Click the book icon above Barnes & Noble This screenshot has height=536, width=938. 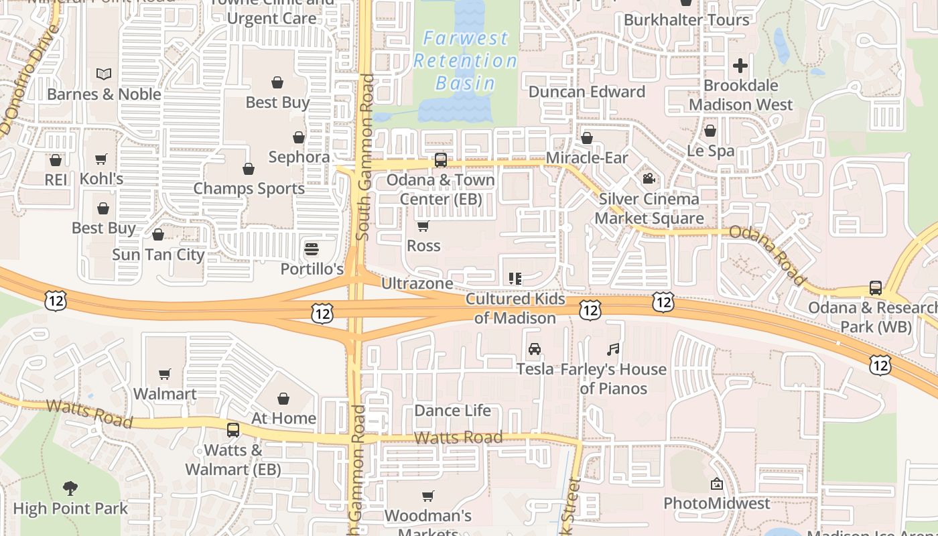[x=104, y=74]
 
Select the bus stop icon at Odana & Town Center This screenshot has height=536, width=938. [x=440, y=160]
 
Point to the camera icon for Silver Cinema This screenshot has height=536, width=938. [x=649, y=178]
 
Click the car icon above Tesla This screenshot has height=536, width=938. [x=535, y=349]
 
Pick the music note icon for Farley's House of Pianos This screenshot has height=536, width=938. [x=613, y=349]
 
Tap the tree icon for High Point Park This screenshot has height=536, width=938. [x=70, y=488]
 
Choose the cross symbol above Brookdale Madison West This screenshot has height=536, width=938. [x=740, y=66]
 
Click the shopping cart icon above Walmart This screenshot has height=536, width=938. [x=165, y=374]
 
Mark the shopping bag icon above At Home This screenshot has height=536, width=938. [x=283, y=399]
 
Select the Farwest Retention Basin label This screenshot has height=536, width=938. [x=465, y=60]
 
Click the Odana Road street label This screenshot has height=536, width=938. [x=767, y=255]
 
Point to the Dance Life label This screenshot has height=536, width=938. [x=453, y=410]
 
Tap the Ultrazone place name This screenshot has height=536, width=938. [x=417, y=283]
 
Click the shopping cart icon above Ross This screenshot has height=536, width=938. [x=423, y=226]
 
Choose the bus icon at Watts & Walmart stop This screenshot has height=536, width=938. [x=233, y=430]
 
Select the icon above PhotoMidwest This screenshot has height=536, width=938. [x=717, y=484]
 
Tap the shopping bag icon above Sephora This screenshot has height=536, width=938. [x=299, y=137]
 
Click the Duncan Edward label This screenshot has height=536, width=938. [x=587, y=92]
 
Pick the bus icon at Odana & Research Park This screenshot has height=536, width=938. [x=875, y=288]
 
